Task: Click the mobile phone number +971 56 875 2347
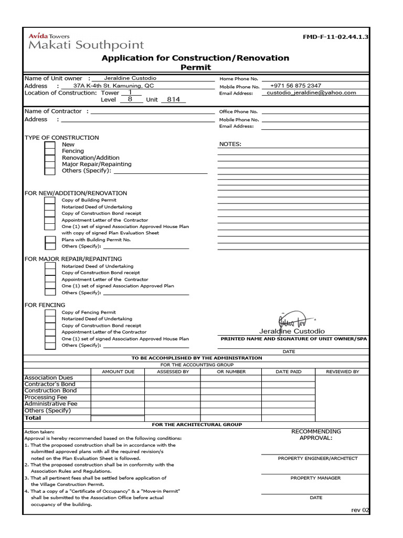pyautogui.click(x=295, y=86)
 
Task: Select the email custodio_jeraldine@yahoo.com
pyautogui.click(x=311, y=92)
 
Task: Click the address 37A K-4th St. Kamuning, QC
pyautogui.click(x=114, y=86)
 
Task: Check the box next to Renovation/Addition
pyautogui.click(x=49, y=158)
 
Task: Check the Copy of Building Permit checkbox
pyautogui.click(x=49, y=200)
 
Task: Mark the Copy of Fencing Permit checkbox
pyautogui.click(x=49, y=313)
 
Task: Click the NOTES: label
pyautogui.click(x=230, y=144)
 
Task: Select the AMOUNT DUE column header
pyautogui.click(x=118, y=371)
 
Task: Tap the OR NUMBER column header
pyautogui.click(x=231, y=371)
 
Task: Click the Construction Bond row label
pyautogui.click(x=51, y=391)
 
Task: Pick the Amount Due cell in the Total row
pyautogui.click(x=118, y=418)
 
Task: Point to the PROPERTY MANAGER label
pyautogui.click(x=315, y=478)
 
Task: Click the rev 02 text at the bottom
pyautogui.click(x=360, y=510)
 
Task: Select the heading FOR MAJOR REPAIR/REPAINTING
pyautogui.click(x=73, y=259)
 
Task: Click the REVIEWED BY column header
pyautogui.click(x=343, y=371)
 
